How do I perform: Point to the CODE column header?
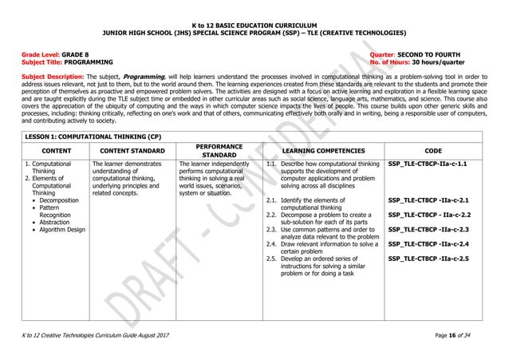click(434, 150)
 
